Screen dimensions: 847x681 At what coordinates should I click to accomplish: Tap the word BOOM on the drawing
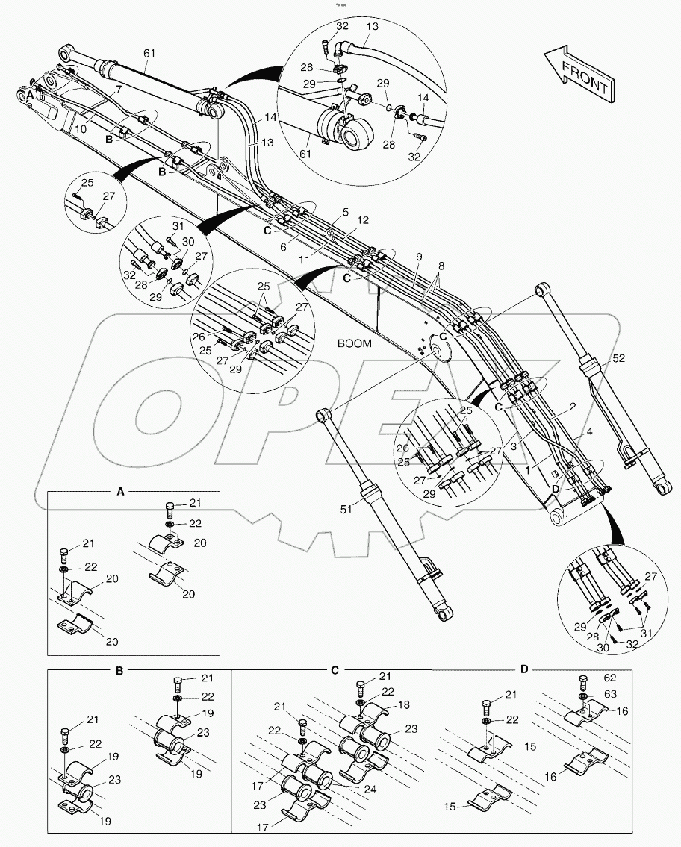tap(354, 344)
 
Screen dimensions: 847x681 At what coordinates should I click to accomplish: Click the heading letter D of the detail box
tap(524, 670)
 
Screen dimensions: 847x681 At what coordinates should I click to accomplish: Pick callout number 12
tap(363, 221)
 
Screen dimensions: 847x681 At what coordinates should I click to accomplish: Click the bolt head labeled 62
tap(582, 680)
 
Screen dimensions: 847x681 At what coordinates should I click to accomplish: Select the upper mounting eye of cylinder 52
tap(542, 291)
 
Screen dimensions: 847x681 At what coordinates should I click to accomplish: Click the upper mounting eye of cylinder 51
tap(323, 414)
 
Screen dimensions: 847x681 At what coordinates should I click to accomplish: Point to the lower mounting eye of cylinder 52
tap(659, 488)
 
